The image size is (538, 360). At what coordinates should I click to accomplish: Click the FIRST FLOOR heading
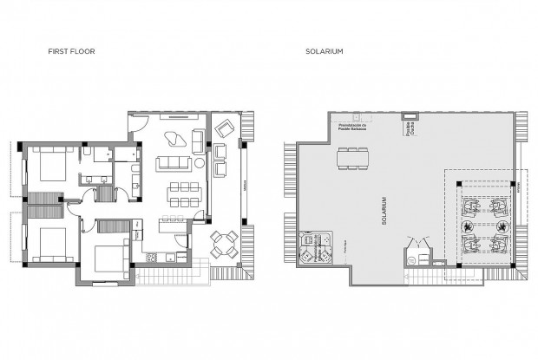[71, 52]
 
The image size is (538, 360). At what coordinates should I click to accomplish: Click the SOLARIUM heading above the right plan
[325, 52]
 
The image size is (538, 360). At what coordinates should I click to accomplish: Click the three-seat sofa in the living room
[174, 162]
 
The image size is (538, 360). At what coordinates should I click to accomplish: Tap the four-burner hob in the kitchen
[151, 257]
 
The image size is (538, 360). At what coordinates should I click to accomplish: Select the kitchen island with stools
[170, 226]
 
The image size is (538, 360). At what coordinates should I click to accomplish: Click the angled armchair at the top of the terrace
[224, 128]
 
